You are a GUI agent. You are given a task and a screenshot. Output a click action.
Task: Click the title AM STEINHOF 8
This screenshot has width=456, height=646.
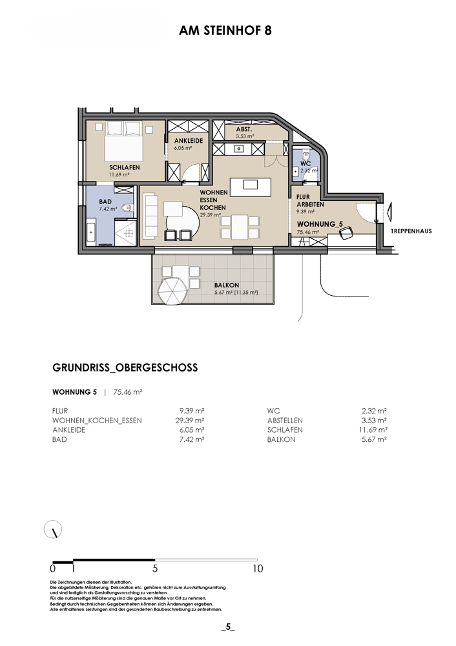[x=225, y=30]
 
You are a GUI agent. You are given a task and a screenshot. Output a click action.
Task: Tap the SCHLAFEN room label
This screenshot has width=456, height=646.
[x=125, y=168]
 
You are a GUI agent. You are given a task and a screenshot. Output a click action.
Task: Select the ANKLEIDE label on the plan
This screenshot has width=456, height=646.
[x=188, y=140]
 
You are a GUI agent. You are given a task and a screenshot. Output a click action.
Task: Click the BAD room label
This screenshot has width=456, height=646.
[x=105, y=202]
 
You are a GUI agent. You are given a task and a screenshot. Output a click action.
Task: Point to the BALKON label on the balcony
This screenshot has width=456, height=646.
[x=227, y=285]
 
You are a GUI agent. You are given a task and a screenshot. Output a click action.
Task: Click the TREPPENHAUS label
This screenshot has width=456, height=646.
[x=411, y=231]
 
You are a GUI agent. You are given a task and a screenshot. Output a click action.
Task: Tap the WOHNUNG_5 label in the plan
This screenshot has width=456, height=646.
[x=320, y=224]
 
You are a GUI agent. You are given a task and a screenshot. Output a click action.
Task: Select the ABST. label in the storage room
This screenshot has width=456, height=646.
[x=244, y=129]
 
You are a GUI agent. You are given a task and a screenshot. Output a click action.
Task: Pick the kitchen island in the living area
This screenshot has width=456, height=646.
[x=251, y=187]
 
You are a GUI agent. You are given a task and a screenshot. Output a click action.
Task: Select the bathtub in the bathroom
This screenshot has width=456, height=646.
[x=91, y=233]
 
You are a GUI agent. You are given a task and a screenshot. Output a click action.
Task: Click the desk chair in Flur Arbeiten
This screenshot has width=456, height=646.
[x=346, y=233]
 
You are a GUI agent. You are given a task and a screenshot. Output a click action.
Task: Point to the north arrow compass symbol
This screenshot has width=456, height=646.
[x=53, y=529]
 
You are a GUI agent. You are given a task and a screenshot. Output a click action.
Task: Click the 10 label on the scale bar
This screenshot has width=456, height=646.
[x=258, y=568]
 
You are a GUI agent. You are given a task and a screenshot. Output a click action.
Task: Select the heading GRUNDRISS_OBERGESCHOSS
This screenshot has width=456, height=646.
[x=125, y=368]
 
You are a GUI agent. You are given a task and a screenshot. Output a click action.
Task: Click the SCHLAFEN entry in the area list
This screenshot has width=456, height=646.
[x=285, y=430]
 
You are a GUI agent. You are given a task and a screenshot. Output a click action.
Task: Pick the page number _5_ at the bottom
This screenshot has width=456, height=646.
[x=228, y=628]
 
